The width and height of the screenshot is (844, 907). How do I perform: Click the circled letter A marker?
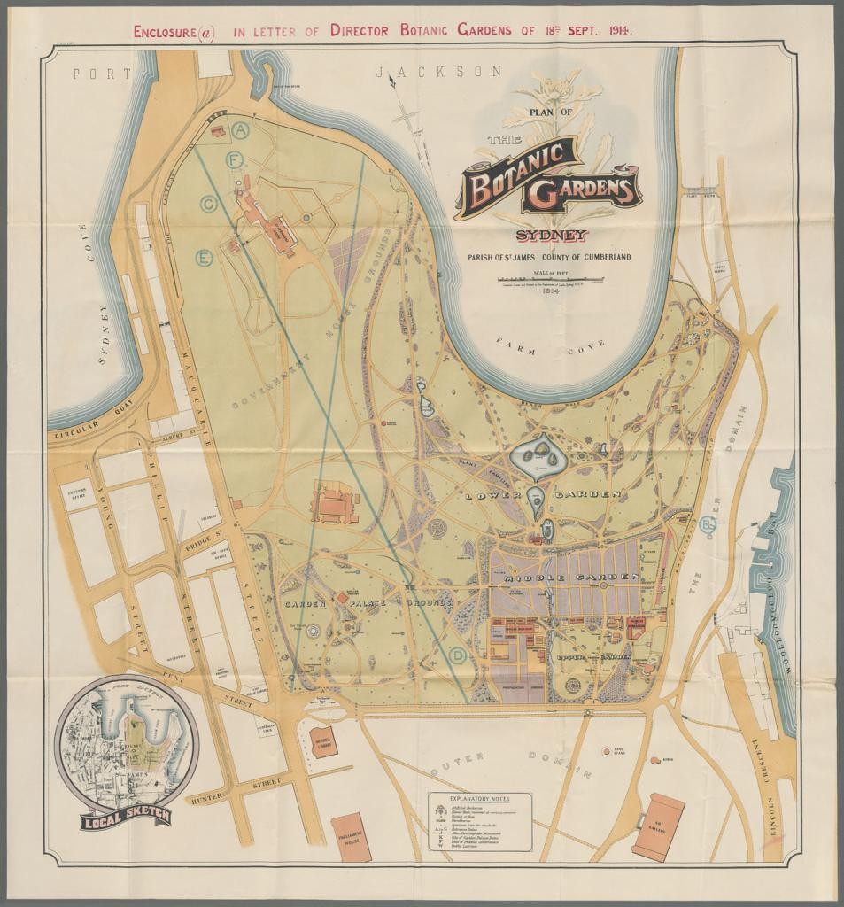241,129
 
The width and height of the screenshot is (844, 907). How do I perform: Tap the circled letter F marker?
235,160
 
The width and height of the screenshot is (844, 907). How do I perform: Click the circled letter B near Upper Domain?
707,524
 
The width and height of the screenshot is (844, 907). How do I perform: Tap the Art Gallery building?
658,826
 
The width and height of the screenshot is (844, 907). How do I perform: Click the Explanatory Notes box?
481,821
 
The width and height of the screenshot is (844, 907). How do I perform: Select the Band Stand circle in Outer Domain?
608,750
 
